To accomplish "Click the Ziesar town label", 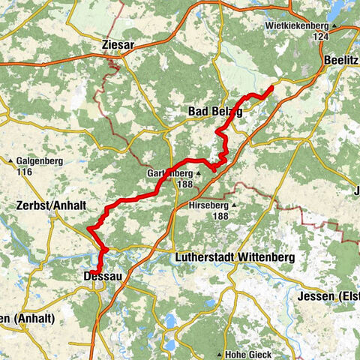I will pyautogui.click(x=118, y=45).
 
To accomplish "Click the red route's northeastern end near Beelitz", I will pyautogui.click(x=271, y=89).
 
